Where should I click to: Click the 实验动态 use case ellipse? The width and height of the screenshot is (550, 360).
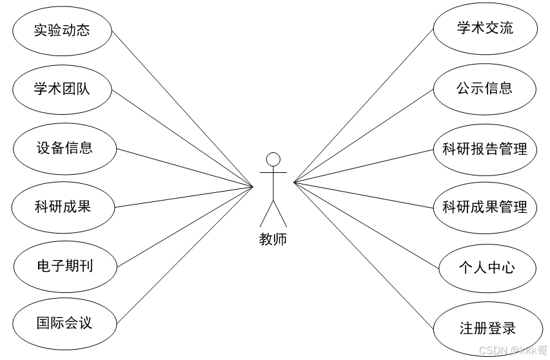point(63,30)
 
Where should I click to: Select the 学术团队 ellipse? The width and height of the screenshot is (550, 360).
point(63,89)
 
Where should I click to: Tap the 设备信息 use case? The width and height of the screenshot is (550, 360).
point(64,148)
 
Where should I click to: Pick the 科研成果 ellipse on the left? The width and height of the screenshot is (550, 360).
point(63,206)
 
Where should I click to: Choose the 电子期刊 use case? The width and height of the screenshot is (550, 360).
point(64,265)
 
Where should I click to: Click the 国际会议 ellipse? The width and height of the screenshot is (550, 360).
point(64,323)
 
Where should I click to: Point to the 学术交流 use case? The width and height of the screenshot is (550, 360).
point(485,28)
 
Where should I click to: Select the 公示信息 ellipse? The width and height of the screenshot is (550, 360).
point(485,88)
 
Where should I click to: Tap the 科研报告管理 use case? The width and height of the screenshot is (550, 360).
point(485,150)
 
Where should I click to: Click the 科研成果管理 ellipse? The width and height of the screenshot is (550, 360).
point(485,207)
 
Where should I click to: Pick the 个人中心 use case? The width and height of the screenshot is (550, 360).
point(487,267)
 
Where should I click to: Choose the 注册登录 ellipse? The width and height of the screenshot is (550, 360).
point(487,328)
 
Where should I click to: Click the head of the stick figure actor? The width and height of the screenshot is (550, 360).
point(273,159)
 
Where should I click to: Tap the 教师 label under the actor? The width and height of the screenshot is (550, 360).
point(273,240)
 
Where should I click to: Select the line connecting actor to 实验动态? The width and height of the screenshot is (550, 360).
point(182,108)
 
